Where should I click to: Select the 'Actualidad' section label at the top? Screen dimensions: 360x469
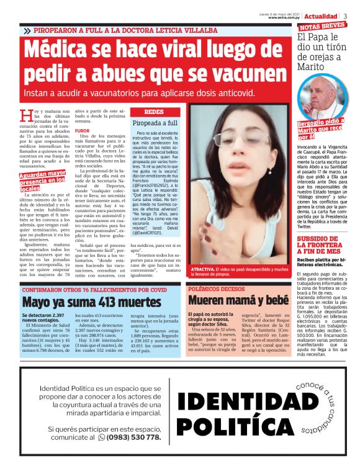pos(320,16)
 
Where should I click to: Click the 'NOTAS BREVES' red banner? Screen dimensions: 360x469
pos(322,27)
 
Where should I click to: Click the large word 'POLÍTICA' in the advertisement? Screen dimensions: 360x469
pos(243,427)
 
